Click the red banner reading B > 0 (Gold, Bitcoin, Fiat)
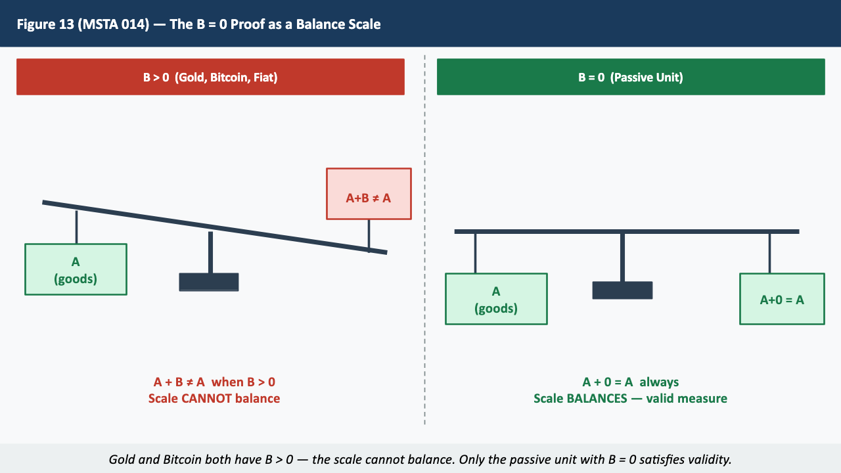pos(210,78)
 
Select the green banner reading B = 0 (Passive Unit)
pos(631,78)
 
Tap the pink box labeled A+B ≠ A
pos(369,194)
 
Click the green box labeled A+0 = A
pos(782,299)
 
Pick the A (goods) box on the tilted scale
pos(76,269)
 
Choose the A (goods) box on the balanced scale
pos(496,299)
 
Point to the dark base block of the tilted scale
pos(209,282)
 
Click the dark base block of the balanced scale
pos(622,290)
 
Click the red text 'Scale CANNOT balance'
pos(214,398)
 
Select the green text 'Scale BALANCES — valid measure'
pos(631,398)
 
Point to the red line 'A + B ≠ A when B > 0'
pos(214,382)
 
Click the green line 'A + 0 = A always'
pos(631,382)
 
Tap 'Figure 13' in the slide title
pos(45,24)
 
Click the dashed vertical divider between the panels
pos(425,263)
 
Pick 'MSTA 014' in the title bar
pos(112,24)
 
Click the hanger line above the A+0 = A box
pos(769,254)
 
